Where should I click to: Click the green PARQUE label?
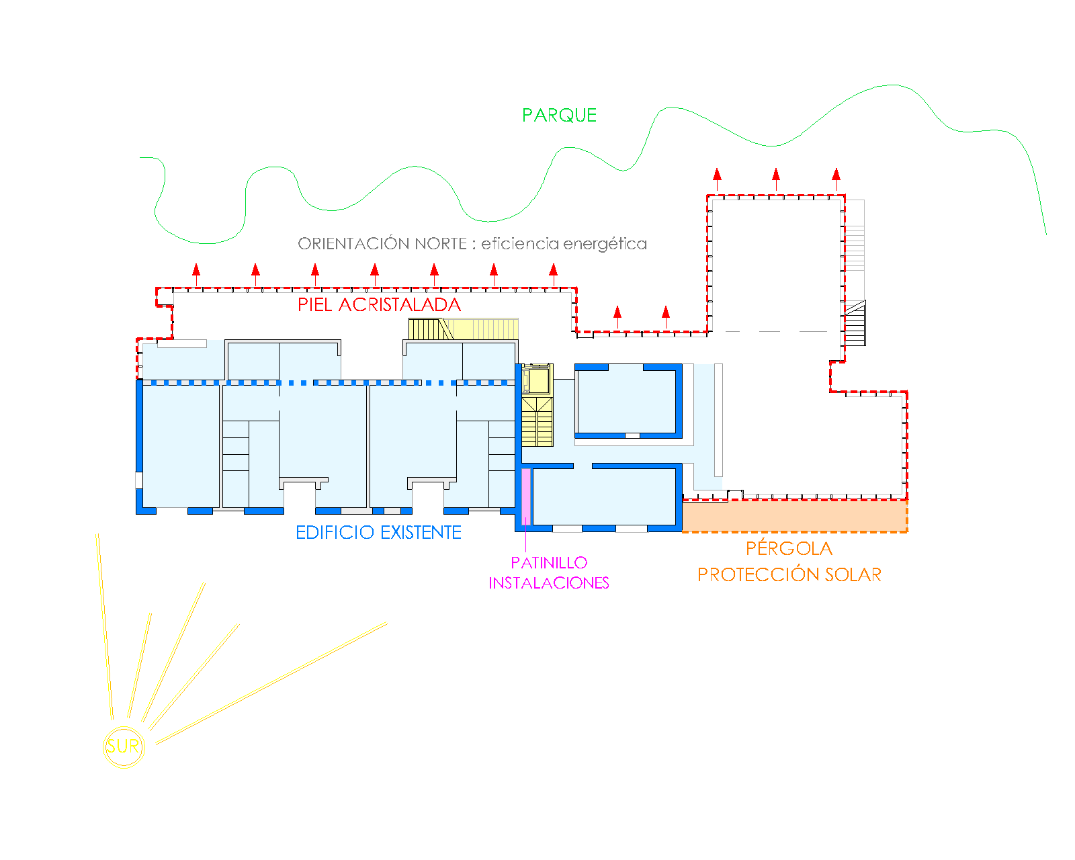559,116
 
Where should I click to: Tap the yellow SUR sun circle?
124,746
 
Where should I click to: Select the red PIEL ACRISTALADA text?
379,305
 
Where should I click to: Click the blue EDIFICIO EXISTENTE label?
378,533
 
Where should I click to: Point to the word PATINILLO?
549,563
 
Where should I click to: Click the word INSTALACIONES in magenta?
549,583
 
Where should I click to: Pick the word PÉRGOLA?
789,549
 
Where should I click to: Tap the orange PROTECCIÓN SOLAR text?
789,575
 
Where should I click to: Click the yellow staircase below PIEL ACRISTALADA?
464,329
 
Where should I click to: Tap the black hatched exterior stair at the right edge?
855,324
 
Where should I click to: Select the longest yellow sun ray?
271,683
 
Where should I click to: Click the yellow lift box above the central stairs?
537,380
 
